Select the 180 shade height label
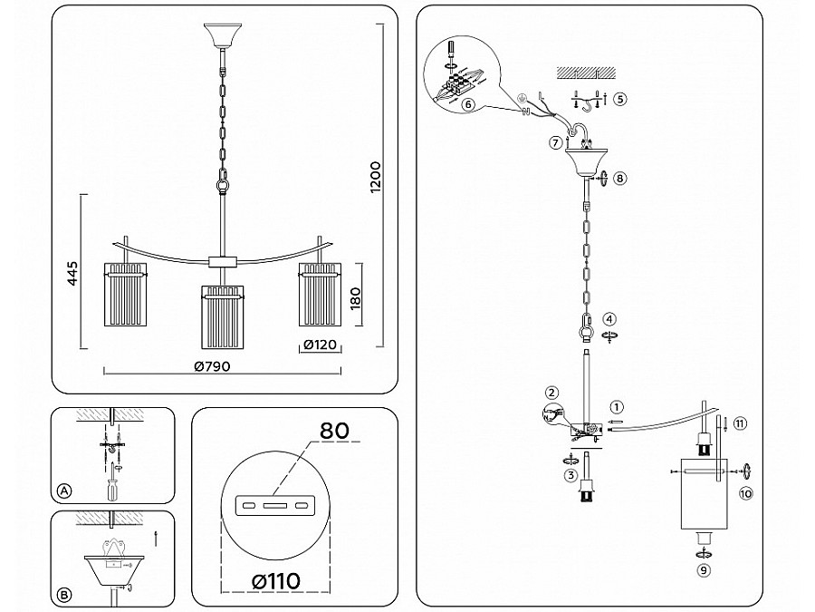coord(357,296)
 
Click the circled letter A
coord(63,491)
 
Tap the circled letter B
coord(63,595)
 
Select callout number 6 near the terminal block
coord(468,104)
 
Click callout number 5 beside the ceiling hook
coord(619,99)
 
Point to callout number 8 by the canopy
coord(619,179)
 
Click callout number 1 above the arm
coord(616,407)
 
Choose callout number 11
coord(739,423)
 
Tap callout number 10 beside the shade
coord(746,493)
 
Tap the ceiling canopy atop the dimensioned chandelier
coord(222,38)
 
